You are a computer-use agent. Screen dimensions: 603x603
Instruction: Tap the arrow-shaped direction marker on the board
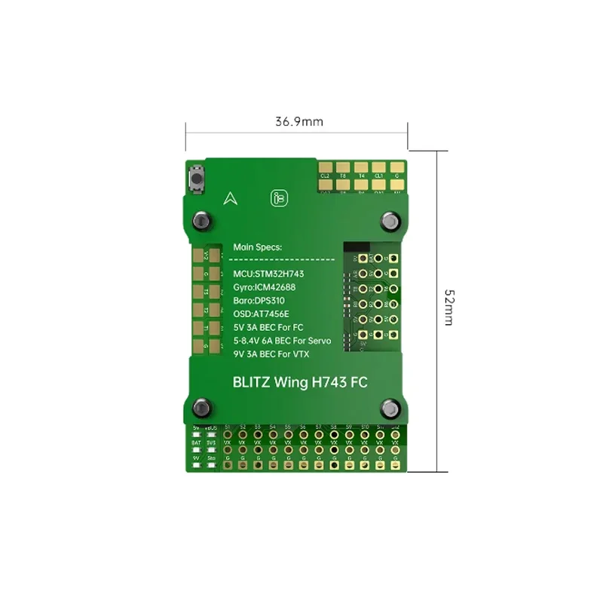coord(230,198)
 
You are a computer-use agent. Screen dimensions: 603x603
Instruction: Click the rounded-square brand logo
coord(279,198)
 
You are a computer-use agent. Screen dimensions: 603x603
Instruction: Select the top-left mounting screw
coord(202,220)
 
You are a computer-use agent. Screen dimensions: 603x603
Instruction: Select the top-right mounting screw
coord(390,220)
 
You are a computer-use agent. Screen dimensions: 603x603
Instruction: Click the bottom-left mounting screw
coord(202,408)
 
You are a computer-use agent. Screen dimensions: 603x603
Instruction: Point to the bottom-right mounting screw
coord(390,408)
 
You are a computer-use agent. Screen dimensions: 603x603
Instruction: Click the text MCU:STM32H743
coord(269,273)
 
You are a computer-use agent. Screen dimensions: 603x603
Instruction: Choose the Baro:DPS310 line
coord(259,300)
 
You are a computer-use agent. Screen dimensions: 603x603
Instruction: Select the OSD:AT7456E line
coord(262,314)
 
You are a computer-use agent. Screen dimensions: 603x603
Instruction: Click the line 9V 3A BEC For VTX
coord(271,354)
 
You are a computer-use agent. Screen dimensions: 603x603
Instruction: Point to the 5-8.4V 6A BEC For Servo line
coord(283,340)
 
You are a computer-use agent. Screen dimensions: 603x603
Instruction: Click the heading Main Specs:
coord(257,246)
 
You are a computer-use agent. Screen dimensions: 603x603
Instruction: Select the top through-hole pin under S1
coord(227,435)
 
